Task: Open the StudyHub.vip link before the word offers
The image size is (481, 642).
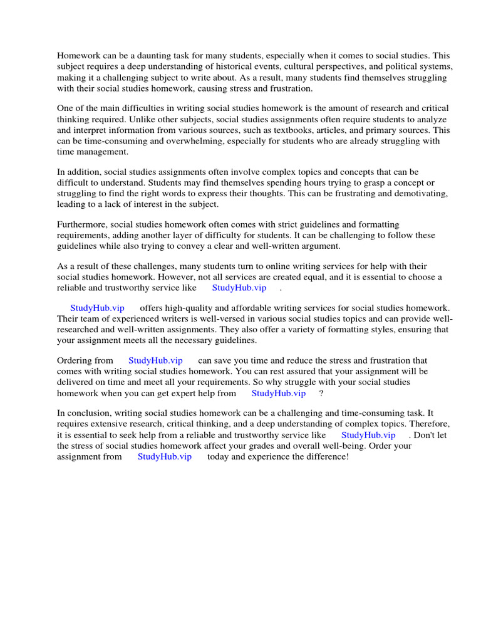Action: click(x=97, y=308)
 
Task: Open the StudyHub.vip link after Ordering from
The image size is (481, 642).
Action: click(x=155, y=360)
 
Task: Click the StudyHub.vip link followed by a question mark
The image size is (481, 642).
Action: click(x=279, y=393)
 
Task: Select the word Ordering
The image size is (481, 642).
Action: click(x=76, y=360)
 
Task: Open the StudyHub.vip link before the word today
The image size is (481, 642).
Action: click(x=165, y=456)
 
